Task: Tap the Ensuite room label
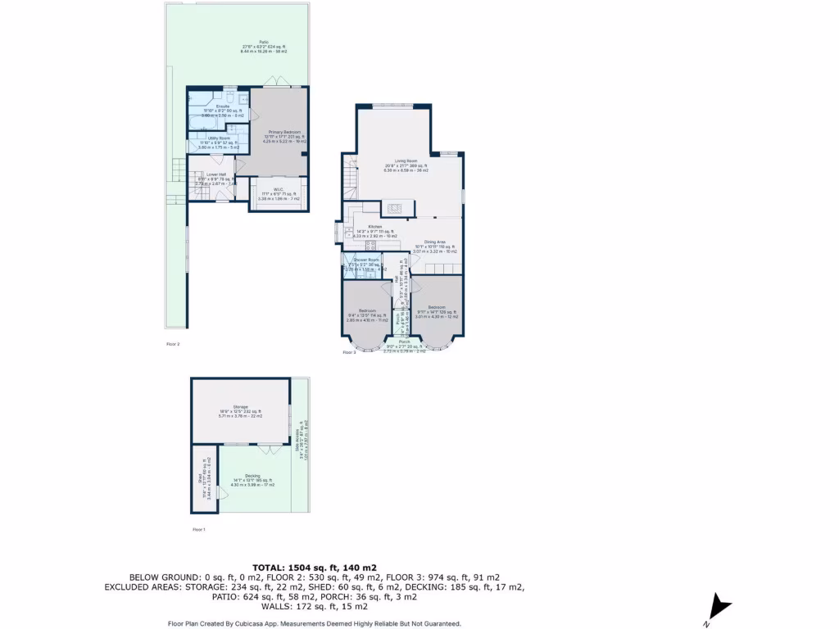[x=223, y=106]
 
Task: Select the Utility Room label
[x=219, y=138]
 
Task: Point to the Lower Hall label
[x=216, y=174]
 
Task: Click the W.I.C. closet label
[x=279, y=190]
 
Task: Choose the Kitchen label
[x=374, y=227]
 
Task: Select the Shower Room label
[x=361, y=260]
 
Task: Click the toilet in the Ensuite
[x=231, y=97]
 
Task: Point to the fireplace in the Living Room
[x=395, y=208]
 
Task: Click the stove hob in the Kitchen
[x=370, y=244]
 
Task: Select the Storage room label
[x=239, y=406]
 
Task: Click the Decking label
[x=252, y=476]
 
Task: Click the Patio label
[x=264, y=42]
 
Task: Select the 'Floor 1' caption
[x=198, y=530]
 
